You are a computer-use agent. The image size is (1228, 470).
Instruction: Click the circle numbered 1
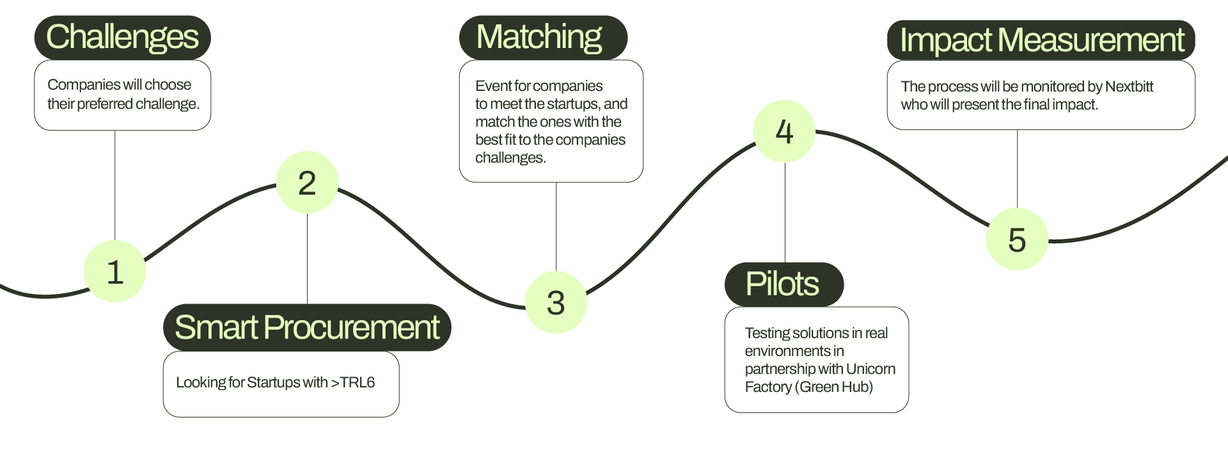click(x=115, y=271)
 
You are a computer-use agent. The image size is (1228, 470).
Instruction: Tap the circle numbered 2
click(x=307, y=182)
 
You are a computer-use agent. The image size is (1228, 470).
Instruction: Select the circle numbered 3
click(x=556, y=302)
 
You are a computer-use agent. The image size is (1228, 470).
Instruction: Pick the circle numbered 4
click(x=784, y=131)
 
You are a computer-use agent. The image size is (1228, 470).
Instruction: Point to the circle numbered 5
click(x=1017, y=239)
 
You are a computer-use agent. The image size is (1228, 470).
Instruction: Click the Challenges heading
click(x=122, y=37)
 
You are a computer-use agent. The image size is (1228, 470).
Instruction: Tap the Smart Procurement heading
click(x=307, y=327)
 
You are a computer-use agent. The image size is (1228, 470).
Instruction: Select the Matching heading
click(x=539, y=37)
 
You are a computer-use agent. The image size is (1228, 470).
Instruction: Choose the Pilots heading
click(x=782, y=284)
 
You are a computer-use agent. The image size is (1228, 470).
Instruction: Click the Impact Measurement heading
click(x=1041, y=40)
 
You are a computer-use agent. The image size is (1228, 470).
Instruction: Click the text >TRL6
click(x=352, y=383)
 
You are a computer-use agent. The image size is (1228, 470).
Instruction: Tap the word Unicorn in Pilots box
click(x=870, y=369)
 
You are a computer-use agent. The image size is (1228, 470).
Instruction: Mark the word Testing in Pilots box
click(x=767, y=333)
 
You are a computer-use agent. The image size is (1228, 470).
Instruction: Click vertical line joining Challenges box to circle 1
click(x=115, y=186)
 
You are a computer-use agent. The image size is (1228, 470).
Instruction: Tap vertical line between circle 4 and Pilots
click(x=785, y=211)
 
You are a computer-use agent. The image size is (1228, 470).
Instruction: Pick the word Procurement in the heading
click(x=351, y=327)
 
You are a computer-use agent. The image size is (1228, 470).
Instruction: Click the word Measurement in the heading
click(x=1090, y=40)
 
